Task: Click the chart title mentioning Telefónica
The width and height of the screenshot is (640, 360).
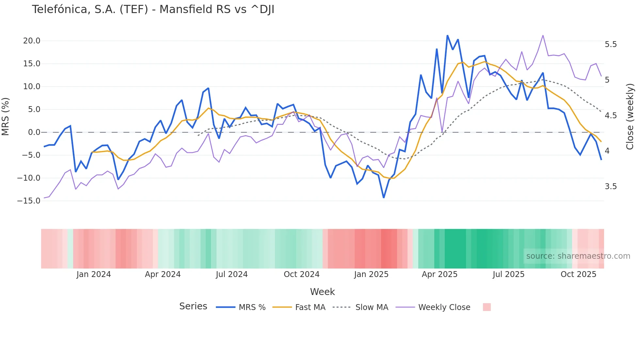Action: [153, 9]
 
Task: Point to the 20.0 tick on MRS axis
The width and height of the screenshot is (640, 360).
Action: [32, 41]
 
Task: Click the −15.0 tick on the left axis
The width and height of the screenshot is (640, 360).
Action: [29, 201]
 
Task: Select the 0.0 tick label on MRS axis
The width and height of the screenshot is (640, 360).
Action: [34, 132]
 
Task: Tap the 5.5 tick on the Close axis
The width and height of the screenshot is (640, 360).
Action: [611, 44]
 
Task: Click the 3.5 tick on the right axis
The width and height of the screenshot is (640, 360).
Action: [611, 187]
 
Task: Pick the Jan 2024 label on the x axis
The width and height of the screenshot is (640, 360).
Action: [94, 274]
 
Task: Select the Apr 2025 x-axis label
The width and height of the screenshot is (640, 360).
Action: [440, 274]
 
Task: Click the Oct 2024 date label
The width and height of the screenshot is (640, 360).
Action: [301, 274]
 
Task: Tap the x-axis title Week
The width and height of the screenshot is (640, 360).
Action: [322, 292]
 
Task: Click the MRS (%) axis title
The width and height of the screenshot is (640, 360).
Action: [6, 116]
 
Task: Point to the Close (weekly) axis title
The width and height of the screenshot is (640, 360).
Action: [630, 116]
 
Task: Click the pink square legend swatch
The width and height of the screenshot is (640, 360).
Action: [487, 307]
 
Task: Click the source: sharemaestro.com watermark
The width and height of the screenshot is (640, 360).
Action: [578, 256]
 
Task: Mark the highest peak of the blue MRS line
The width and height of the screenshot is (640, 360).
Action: [447, 36]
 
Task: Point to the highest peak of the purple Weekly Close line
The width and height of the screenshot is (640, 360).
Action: [543, 35]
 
